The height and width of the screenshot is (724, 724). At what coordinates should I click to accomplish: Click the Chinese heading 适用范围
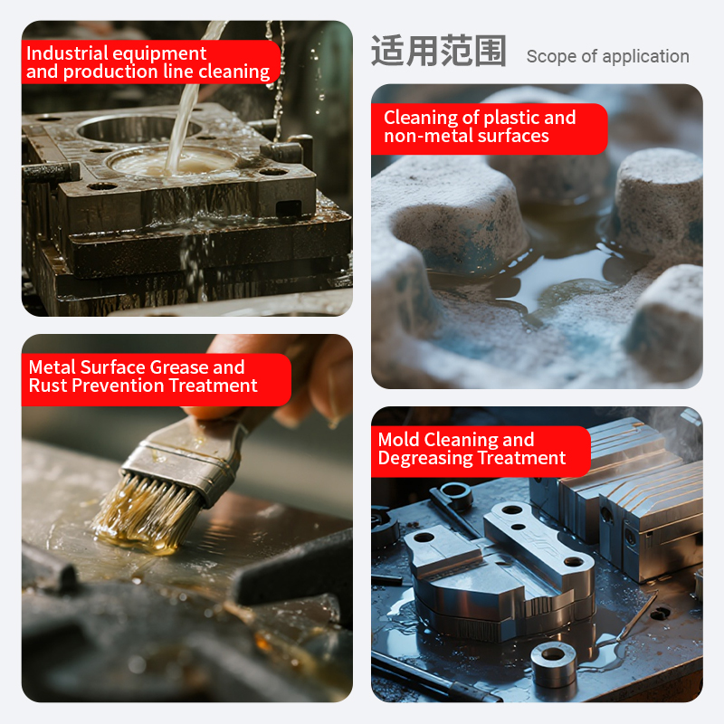click(x=439, y=51)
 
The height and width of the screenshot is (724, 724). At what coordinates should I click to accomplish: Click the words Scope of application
click(x=607, y=56)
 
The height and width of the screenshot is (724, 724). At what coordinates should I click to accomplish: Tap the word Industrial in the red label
click(x=67, y=53)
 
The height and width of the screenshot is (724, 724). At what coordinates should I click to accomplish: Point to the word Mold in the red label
click(x=398, y=439)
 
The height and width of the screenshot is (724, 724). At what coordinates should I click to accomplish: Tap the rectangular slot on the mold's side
click(x=289, y=208)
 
